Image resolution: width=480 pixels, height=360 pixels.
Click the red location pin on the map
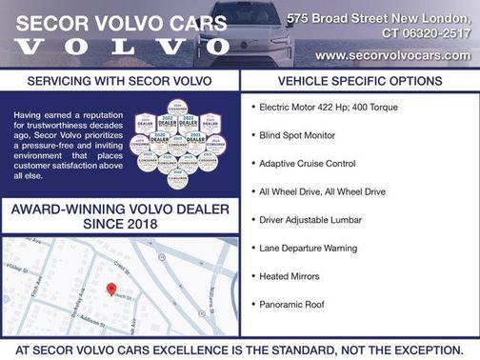[110, 289]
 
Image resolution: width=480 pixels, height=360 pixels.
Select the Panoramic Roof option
[291, 304]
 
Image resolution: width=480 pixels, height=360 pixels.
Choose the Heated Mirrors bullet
[290, 276]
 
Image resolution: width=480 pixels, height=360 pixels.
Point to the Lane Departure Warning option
[308, 248]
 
